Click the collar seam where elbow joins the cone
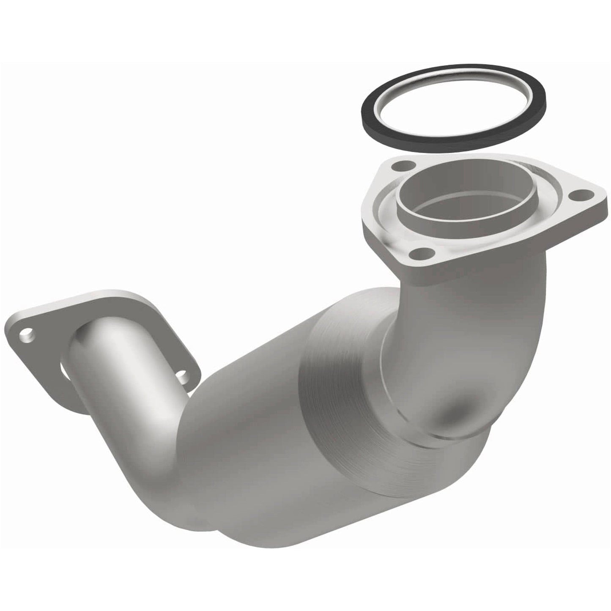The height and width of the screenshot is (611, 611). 393,393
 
